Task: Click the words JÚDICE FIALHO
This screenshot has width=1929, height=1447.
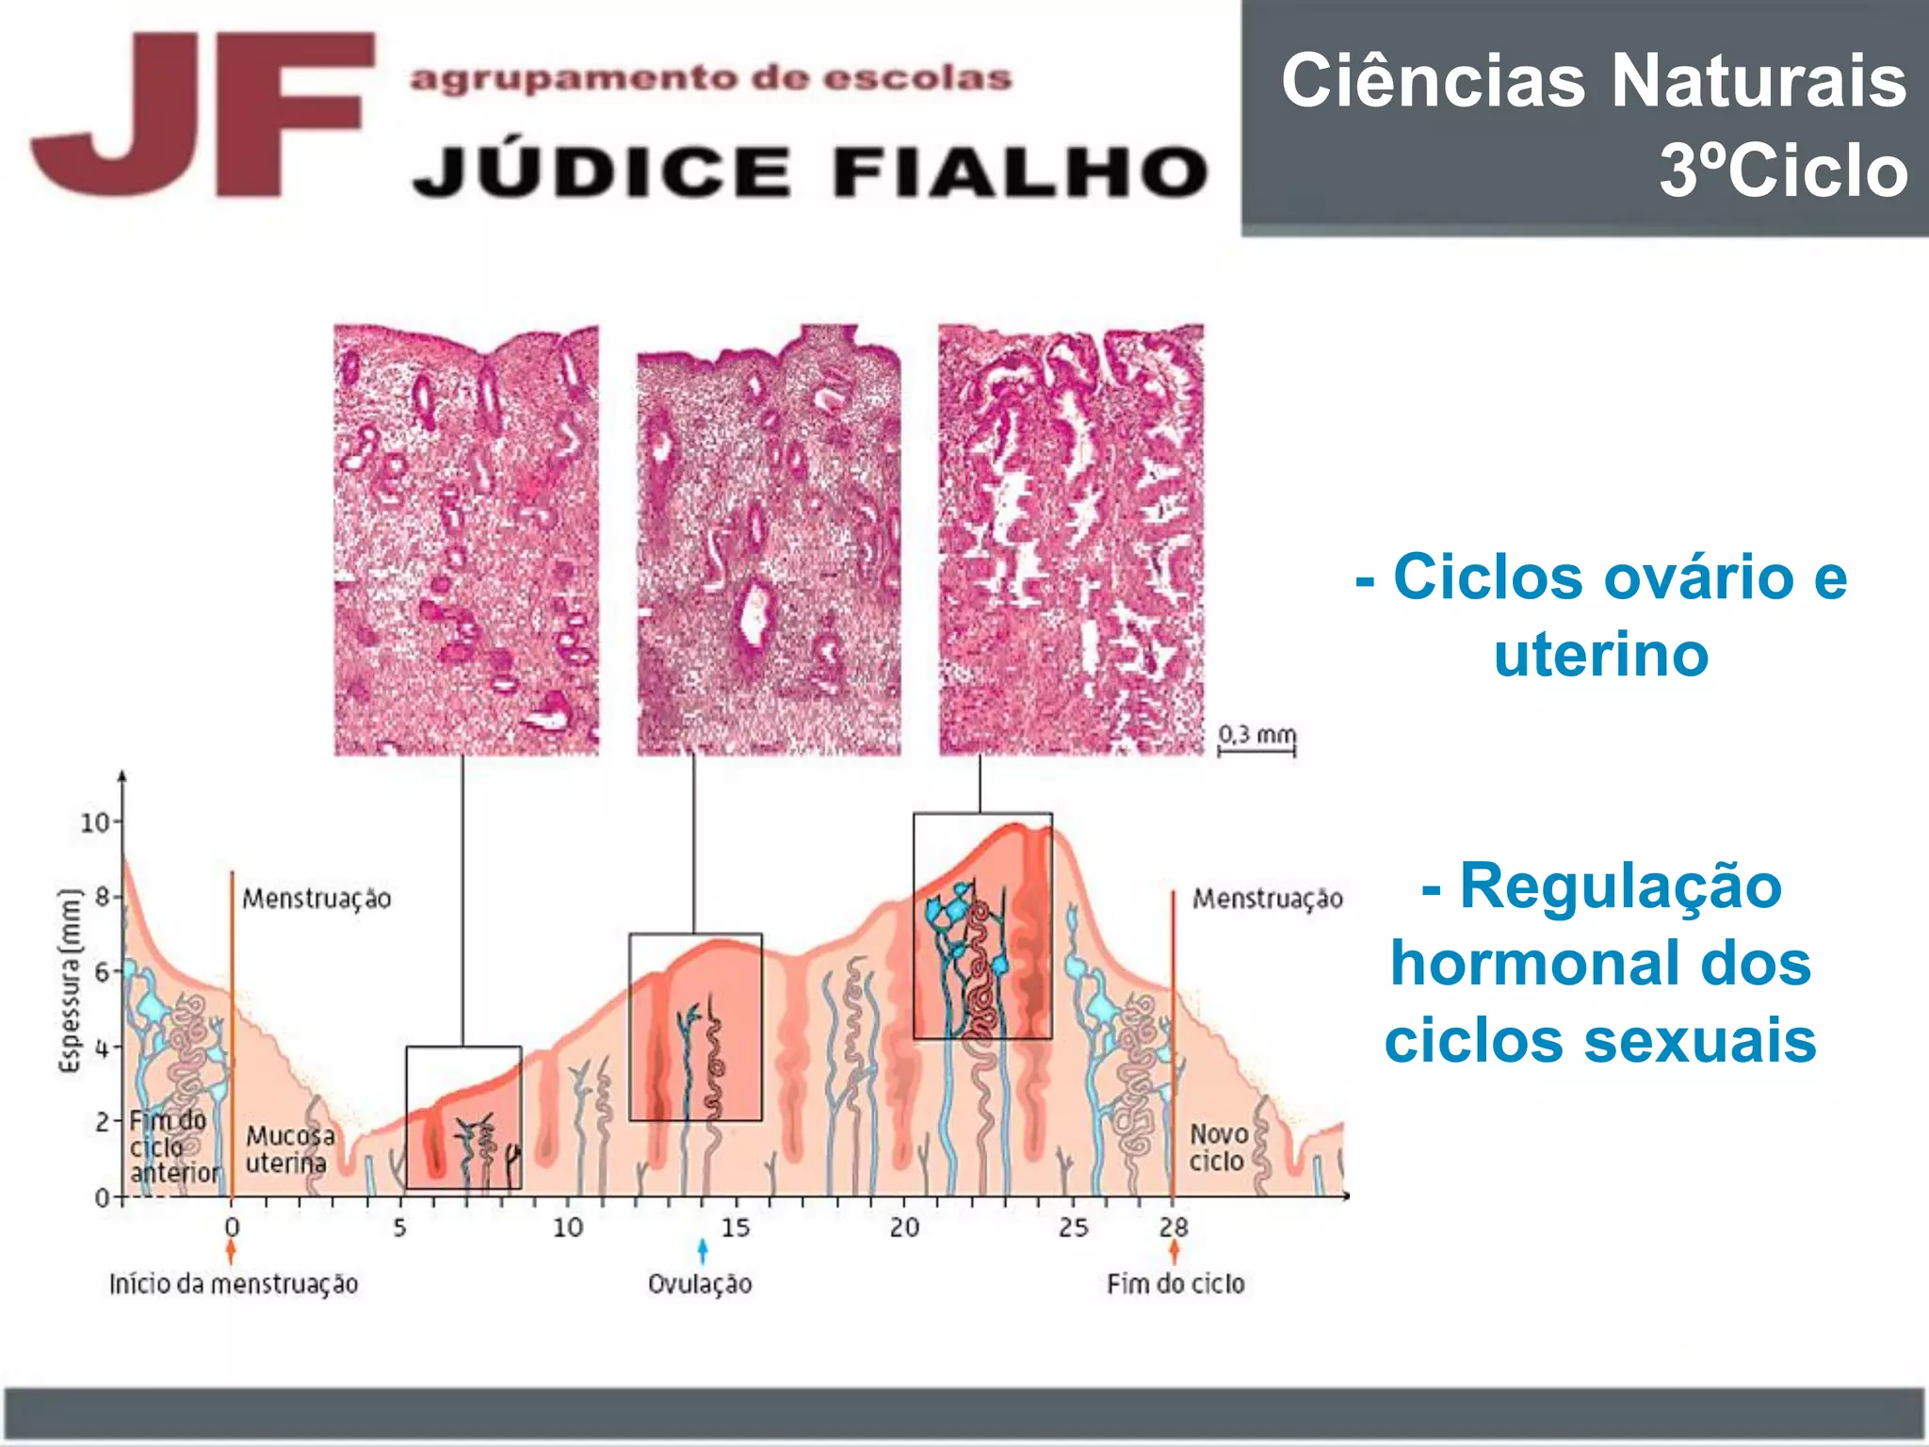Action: coord(810,172)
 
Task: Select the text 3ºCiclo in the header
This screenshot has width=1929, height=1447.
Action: coord(1783,171)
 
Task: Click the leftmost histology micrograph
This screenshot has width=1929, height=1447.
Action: coord(466,539)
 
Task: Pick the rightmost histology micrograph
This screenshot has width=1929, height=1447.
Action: coord(1071,539)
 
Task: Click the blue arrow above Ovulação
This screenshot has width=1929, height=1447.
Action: coord(703,1251)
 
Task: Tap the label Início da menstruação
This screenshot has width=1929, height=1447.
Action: coord(234,1284)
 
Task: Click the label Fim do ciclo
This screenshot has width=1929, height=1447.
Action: coord(1175,1284)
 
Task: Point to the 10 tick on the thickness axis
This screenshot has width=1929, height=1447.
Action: coord(95,822)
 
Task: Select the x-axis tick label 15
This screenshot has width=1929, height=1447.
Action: coord(736,1228)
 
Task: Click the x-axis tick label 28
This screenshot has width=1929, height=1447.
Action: coord(1174,1228)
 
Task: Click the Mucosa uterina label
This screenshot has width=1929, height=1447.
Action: coord(288,1149)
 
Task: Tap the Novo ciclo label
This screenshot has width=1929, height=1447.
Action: coord(1218,1147)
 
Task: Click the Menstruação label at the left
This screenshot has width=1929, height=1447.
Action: coord(316,899)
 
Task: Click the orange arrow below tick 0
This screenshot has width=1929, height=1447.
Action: coord(232,1251)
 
